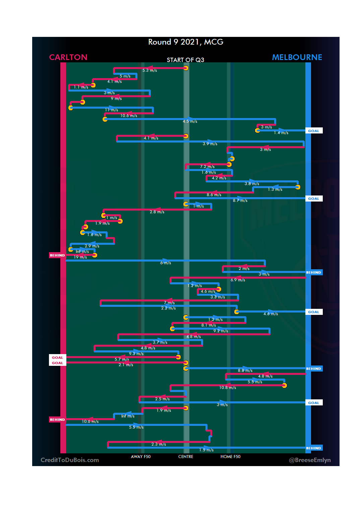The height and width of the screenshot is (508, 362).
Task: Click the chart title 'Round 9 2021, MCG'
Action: pyautogui.click(x=186, y=42)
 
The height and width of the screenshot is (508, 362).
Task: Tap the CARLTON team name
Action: pyautogui.click(x=68, y=57)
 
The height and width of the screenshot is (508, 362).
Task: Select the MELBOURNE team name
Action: pyautogui.click(x=297, y=57)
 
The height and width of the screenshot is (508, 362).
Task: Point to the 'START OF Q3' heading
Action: pyautogui.click(x=185, y=60)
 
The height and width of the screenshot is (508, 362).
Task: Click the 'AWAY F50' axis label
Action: pyautogui.click(x=140, y=457)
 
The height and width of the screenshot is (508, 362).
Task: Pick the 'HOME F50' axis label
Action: pyautogui.click(x=230, y=457)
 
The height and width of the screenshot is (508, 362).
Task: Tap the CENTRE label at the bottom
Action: pyautogui.click(x=186, y=457)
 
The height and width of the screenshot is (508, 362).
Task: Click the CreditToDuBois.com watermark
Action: pyautogui.click(x=70, y=460)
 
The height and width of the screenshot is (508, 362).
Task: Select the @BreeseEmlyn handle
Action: pyautogui.click(x=310, y=460)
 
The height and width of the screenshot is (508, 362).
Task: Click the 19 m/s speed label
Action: pyautogui.click(x=80, y=257)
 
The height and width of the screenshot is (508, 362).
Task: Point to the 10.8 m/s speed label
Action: pyautogui.click(x=228, y=388)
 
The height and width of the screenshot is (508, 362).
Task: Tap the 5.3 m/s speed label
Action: pyautogui.click(x=149, y=70)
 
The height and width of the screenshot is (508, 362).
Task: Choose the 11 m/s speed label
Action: pyautogui.click(x=111, y=110)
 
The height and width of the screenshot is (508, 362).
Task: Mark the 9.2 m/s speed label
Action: pyautogui.click(x=221, y=331)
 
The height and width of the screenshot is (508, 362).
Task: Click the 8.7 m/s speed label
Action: pyautogui.click(x=240, y=201)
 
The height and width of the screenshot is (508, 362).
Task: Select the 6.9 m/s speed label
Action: pyautogui.click(x=238, y=280)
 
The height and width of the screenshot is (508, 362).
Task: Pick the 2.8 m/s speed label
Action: pyautogui.click(x=157, y=212)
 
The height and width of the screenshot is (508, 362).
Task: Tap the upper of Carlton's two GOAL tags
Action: pyautogui.click(x=57, y=357)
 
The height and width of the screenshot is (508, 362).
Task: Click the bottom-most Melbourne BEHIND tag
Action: pyautogui.click(x=313, y=448)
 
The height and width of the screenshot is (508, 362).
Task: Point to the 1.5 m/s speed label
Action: pyautogui.click(x=206, y=450)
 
